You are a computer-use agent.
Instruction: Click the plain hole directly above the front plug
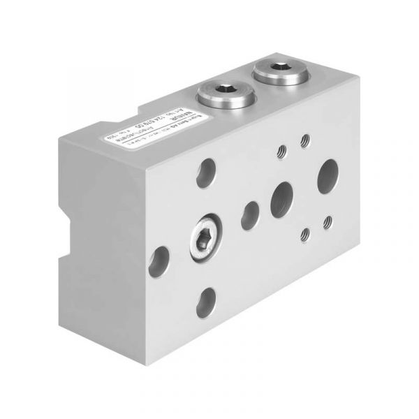[x=207, y=170]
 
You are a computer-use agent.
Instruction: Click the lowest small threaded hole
[x=305, y=235]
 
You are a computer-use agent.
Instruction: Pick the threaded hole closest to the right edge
[x=327, y=223]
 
